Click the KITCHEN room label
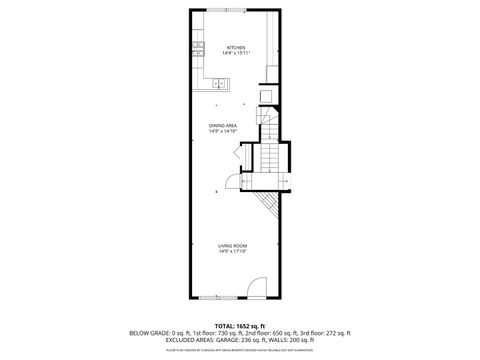coord(236,47)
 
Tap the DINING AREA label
coord(223,125)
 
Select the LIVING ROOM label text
coord(233,245)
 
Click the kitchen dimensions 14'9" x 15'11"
coord(236,53)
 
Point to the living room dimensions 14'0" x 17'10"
coord(233,251)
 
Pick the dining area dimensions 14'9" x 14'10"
coord(223,131)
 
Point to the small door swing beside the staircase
coord(232,180)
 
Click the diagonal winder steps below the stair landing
coord(268,205)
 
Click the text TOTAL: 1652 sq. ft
coord(239,326)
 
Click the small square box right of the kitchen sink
coord(266,96)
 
